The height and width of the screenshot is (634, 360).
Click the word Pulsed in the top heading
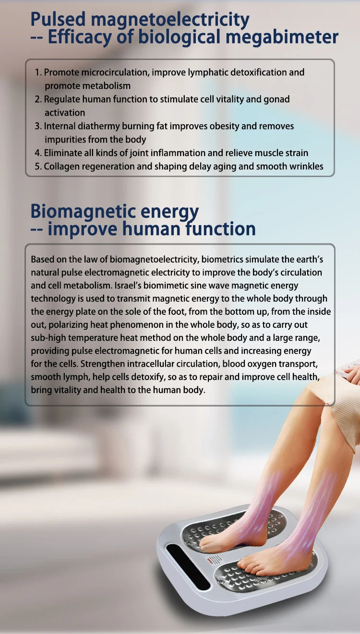tap(58, 20)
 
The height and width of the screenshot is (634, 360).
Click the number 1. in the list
tap(38, 72)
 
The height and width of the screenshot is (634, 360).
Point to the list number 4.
tap(38, 153)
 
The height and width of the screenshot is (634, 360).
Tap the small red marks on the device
tap(211, 560)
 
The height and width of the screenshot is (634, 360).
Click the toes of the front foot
tap(246, 565)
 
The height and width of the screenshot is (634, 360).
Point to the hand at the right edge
tap(351, 373)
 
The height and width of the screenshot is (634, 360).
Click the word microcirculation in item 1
tap(115, 72)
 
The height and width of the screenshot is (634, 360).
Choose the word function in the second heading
tap(220, 229)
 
